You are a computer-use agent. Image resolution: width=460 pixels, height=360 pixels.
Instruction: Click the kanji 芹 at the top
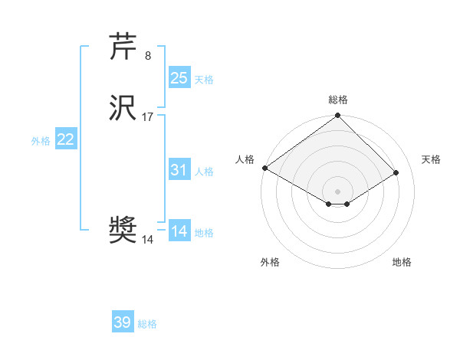[x=123, y=47]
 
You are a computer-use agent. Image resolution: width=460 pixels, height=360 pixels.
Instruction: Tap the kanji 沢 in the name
[x=123, y=108]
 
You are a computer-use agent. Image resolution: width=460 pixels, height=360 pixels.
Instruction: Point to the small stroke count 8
[x=147, y=56]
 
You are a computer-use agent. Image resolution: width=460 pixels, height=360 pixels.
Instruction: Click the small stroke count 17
[x=148, y=117]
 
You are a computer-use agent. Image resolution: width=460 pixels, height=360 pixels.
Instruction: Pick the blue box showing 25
[x=179, y=78]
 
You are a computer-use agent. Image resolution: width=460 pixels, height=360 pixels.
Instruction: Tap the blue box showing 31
[x=179, y=170]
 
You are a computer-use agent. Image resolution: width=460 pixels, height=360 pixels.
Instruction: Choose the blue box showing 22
[x=66, y=139]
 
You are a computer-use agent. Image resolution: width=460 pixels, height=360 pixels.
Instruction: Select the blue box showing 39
[x=123, y=322]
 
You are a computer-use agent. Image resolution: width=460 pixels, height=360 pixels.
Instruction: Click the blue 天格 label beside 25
[x=204, y=80]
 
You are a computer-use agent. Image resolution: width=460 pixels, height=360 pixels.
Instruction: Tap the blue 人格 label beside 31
[x=204, y=172]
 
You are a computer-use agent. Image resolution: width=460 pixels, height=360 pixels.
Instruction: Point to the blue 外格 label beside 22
[x=41, y=141]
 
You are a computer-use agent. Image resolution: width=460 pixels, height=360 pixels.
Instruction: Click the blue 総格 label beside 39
[x=147, y=324]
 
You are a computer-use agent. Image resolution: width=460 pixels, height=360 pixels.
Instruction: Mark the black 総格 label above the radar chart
[x=338, y=100]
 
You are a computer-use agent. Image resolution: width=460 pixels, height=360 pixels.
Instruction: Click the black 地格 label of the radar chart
[x=402, y=262]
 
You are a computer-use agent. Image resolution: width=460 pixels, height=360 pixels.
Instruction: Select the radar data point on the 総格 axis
[x=337, y=116]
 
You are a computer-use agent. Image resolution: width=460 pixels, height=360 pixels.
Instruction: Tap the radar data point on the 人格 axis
[x=264, y=168]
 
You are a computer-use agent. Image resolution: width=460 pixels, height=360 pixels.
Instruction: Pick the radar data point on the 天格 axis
[x=397, y=172]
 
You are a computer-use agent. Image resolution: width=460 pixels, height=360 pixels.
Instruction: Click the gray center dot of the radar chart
[x=337, y=191]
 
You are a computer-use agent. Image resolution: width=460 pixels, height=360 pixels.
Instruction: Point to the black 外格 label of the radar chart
[x=270, y=262]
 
